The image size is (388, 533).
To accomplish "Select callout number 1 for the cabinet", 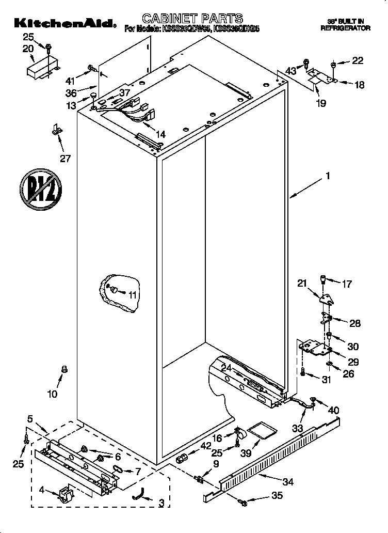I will [x=327, y=176].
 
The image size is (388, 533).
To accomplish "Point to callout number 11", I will [x=133, y=295].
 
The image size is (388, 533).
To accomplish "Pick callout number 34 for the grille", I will [x=288, y=482].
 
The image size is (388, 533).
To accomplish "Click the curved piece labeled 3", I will [x=137, y=495].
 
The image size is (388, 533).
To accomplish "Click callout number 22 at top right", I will [x=358, y=60].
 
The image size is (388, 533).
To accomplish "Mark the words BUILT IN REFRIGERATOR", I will [x=345, y=24].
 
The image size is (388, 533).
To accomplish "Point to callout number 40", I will [x=334, y=410].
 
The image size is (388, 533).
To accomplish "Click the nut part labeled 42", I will [x=181, y=458].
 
